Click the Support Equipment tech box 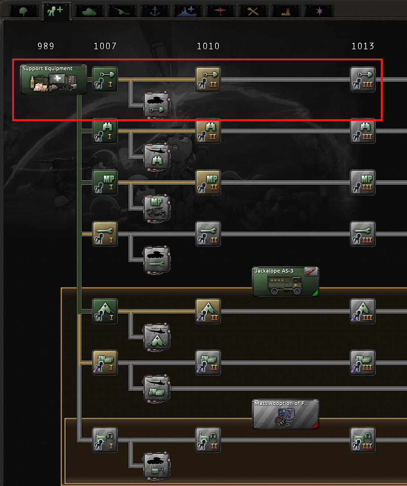pos(53,79)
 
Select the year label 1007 pos(105,46)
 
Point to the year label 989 pos(46,46)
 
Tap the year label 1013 pos(363,46)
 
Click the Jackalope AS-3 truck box pos(285,282)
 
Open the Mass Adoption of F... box pos(285,414)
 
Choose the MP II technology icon pos(208,182)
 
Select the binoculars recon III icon pos(363,131)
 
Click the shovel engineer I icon pos(105,79)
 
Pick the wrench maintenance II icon pos(208,234)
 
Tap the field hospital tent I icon pos(105,311)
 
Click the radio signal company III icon pos(363,440)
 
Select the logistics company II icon pos(208,363)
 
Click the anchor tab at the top pos(155,11)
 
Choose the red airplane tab pos(220,11)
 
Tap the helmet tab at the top pos(24,11)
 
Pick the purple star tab pos(319,11)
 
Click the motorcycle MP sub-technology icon pos(157,208)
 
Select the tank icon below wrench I pos(157,260)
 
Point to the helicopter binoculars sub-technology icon pos(157,157)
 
